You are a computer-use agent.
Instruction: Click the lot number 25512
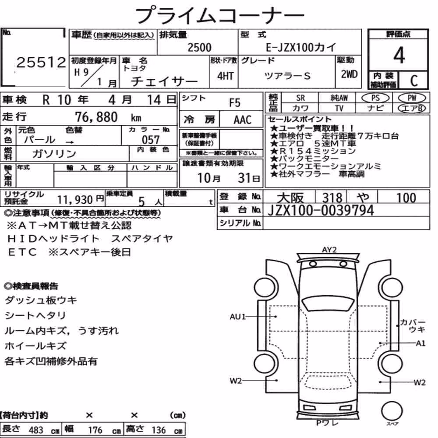[x=41, y=62]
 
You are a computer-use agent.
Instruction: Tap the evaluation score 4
[x=399, y=55]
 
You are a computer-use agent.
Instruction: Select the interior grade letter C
[x=414, y=81]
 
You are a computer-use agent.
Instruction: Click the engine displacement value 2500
[x=199, y=47]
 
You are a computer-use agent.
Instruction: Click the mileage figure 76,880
[x=96, y=117]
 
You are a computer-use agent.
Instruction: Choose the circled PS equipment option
[x=375, y=98]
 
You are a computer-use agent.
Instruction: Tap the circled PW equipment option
[x=412, y=98]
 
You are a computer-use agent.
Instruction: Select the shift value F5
[x=235, y=103]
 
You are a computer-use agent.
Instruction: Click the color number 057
[x=151, y=140]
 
